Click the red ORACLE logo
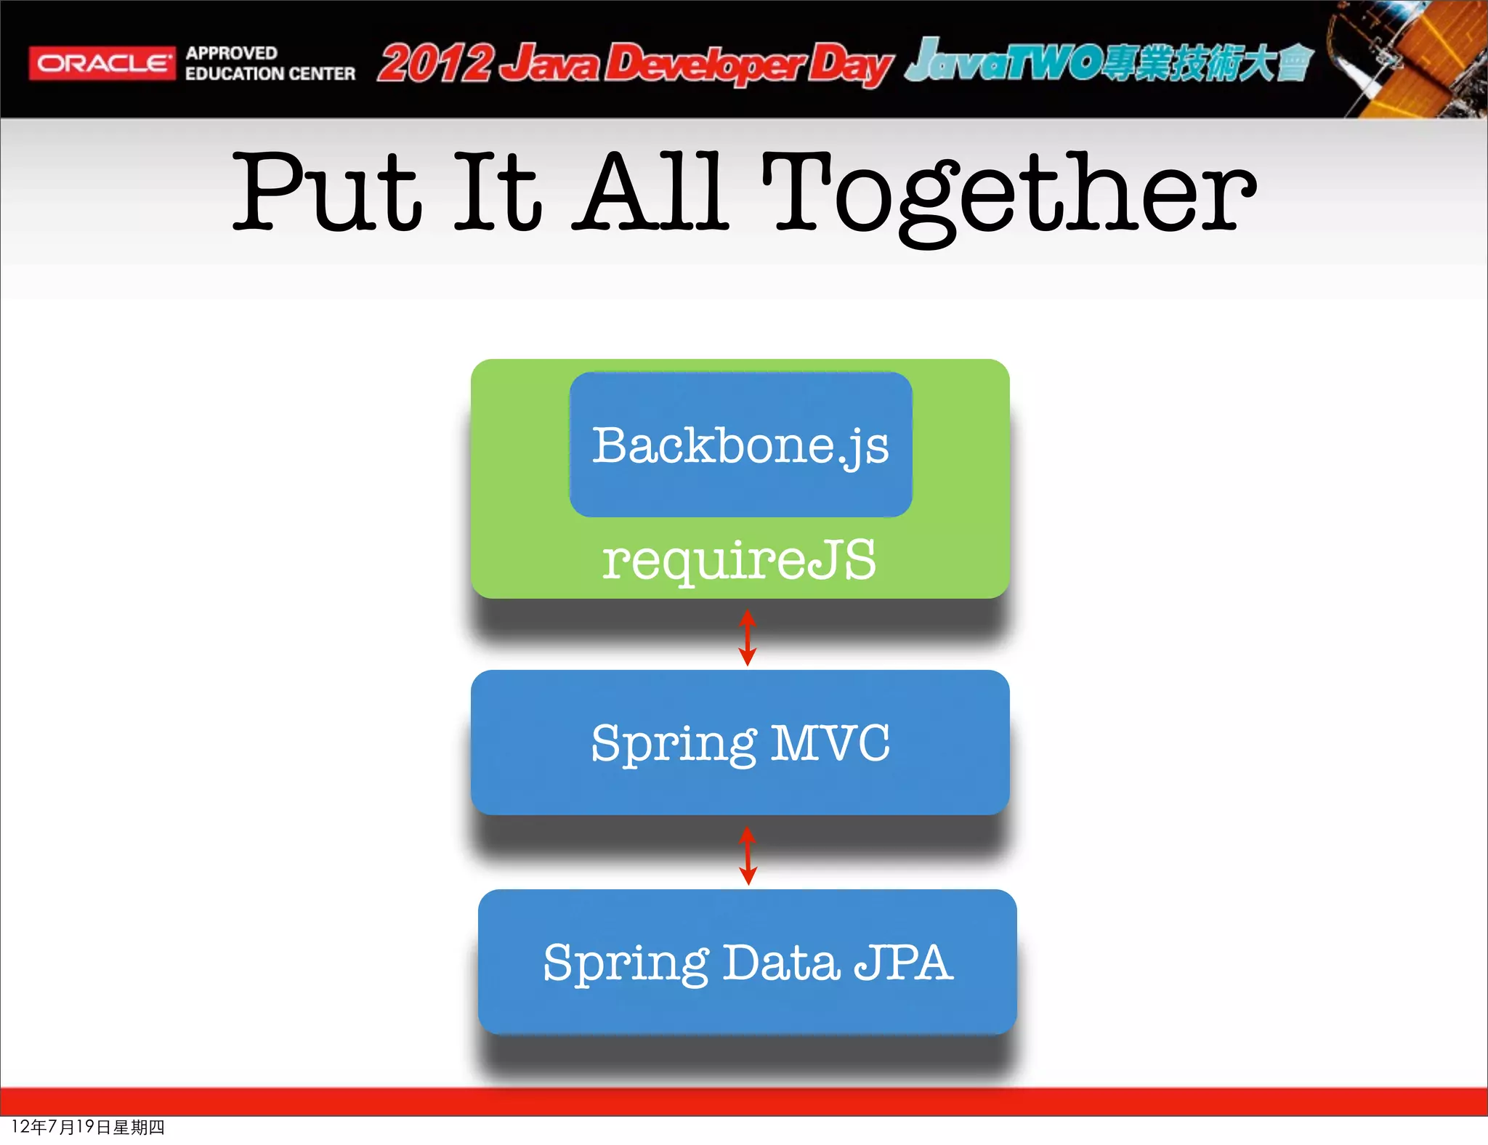102,63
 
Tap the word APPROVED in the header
232,53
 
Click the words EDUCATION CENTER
270,74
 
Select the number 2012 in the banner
436,63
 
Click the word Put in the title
327,192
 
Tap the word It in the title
498,192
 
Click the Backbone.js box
740,445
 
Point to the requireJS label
740,560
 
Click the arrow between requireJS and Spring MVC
748,638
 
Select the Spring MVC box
740,743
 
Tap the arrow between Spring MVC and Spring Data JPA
748,855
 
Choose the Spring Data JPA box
747,962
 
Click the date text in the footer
88,1127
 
